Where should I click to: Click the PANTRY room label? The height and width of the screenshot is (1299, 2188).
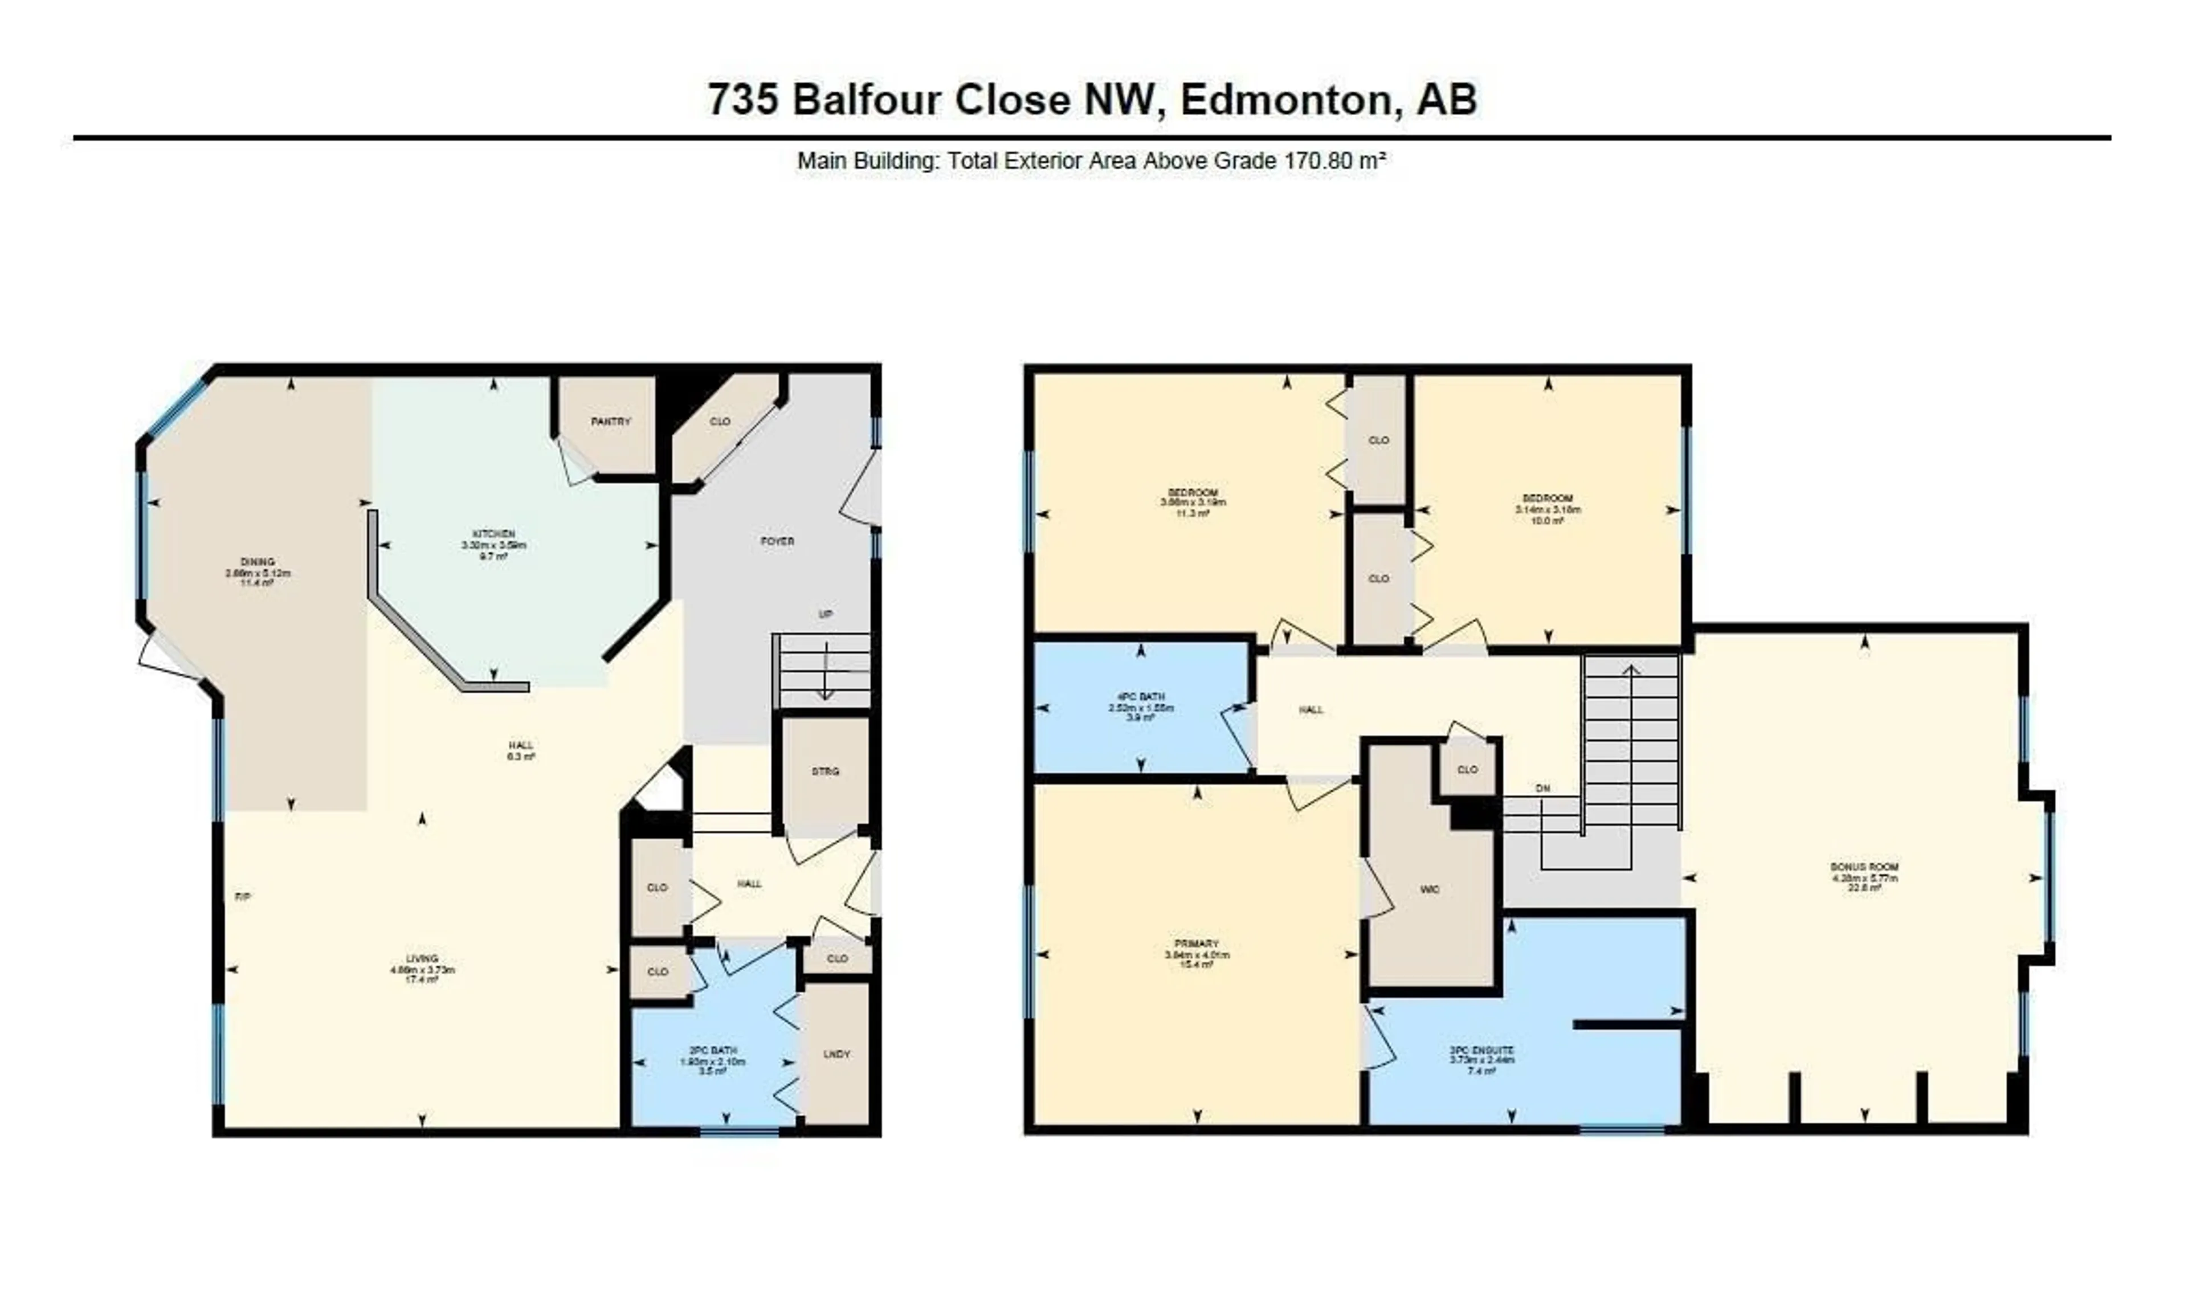(x=610, y=421)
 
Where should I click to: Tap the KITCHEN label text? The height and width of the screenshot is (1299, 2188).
(x=493, y=534)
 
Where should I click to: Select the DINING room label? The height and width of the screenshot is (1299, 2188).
(x=258, y=562)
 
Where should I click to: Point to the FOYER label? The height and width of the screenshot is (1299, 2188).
(x=777, y=541)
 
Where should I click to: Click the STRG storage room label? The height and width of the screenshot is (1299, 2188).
(x=825, y=771)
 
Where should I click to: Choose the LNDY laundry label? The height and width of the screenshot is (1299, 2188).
(x=836, y=1054)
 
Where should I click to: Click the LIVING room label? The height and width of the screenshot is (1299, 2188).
(x=422, y=958)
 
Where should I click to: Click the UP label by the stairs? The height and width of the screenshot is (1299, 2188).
(x=825, y=614)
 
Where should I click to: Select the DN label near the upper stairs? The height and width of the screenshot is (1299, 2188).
(x=1543, y=788)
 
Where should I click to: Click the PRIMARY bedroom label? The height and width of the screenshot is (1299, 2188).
(x=1197, y=943)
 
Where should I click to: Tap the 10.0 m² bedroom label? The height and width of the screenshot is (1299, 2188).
(x=1548, y=498)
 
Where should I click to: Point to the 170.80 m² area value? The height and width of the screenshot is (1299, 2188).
(x=1334, y=161)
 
